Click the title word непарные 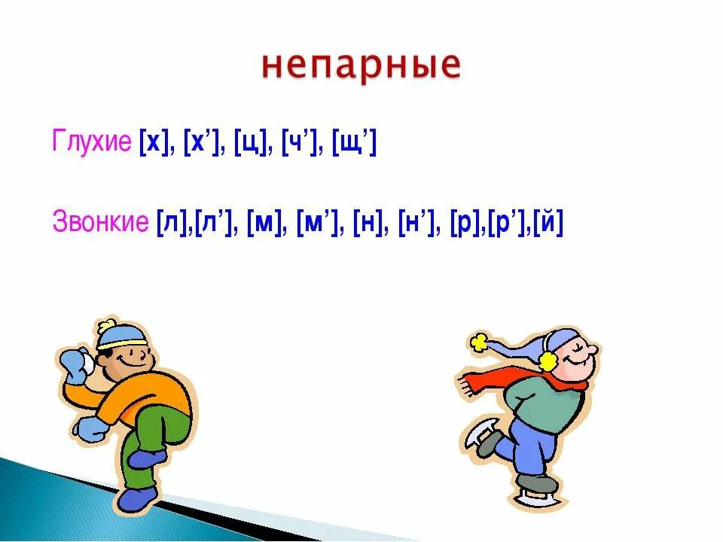pos(361,67)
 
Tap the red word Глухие pos(91,142)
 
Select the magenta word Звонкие pos(100,222)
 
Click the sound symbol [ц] pos(249,142)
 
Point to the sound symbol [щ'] pos(352,142)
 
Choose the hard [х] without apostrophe pos(154,142)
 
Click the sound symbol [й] pos(548,222)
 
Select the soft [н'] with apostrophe pos(420,222)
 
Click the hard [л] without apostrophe pos(172,222)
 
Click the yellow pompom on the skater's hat pos(479,343)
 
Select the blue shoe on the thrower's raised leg pos(147,458)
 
